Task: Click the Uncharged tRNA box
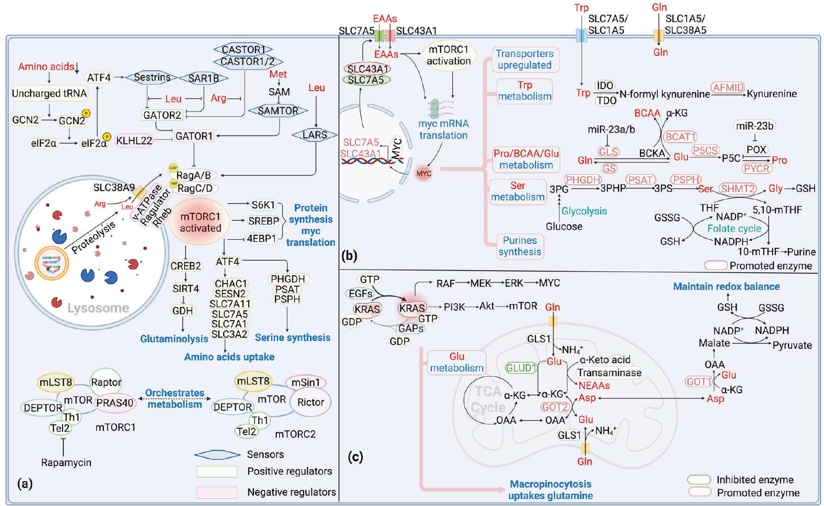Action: coord(49,93)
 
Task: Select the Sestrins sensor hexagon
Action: coord(152,77)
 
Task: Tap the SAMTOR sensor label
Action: coord(278,111)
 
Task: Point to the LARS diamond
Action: coord(314,135)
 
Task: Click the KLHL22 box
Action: coord(134,140)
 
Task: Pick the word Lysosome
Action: coord(98,308)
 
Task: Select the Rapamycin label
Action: coord(66,462)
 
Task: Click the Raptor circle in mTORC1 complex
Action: coord(106,382)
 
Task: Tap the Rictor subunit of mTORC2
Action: coord(310,402)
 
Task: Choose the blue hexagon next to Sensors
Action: coord(217,454)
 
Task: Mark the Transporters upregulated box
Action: coord(524,59)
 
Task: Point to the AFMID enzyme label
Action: coord(728,88)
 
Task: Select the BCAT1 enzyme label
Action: coord(681,137)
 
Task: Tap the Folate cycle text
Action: coord(734,228)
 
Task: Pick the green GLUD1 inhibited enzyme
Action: coord(521,368)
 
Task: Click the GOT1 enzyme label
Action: coord(699,382)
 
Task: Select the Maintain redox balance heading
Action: coord(726,287)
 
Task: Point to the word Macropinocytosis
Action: coord(550,484)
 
